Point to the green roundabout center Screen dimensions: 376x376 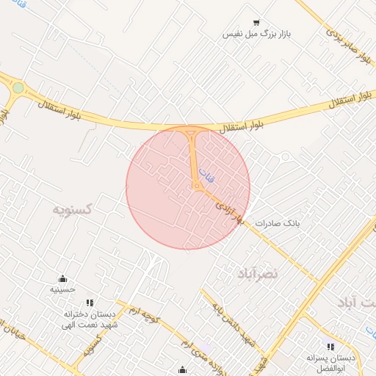[x=18, y=87]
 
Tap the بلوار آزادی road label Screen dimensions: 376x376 [x=229, y=211]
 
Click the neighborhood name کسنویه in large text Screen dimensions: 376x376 [x=72, y=209]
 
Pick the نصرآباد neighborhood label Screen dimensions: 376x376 [x=257, y=273]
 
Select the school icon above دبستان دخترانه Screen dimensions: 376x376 [x=90, y=302]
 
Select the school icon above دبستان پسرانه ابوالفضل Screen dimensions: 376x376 [x=330, y=347]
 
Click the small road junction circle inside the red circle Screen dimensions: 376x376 [x=197, y=187]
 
